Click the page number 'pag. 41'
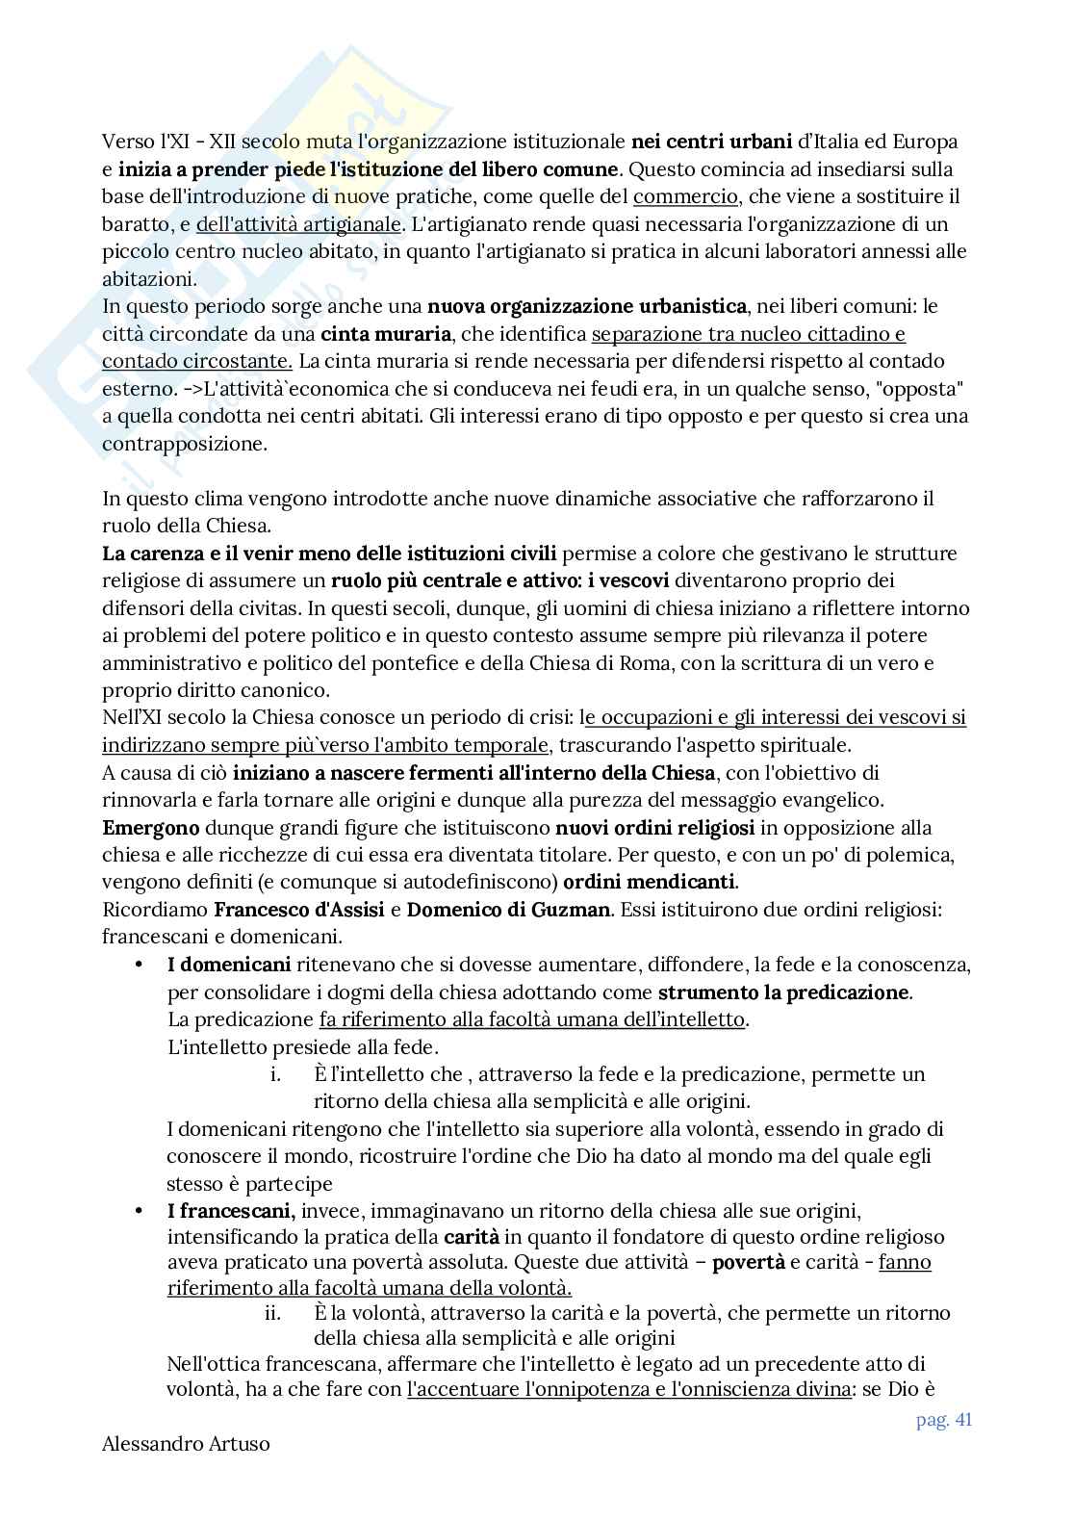click(943, 1421)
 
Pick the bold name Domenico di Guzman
click(508, 909)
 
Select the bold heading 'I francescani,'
click(230, 1209)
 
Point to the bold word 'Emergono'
click(150, 827)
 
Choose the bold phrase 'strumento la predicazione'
click(783, 992)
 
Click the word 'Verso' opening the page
click(127, 142)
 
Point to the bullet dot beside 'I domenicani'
click(140, 965)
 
